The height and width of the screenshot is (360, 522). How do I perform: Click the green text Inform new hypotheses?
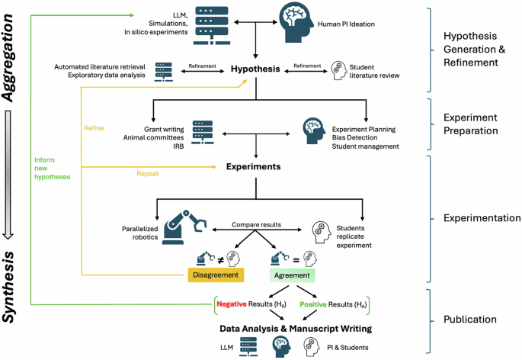pyautogui.click(x=53, y=169)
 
